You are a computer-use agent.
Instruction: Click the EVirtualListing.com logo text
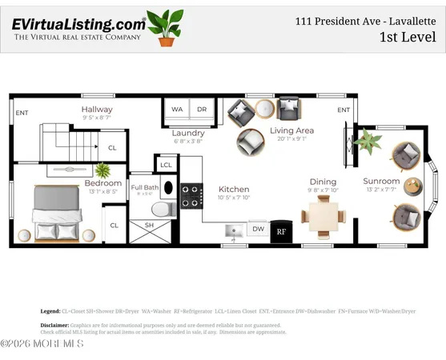pyautogui.click(x=78, y=24)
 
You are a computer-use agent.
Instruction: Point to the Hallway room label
pyautogui.click(x=97, y=110)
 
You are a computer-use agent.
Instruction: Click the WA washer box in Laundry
pyautogui.click(x=178, y=110)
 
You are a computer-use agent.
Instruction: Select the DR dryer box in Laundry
pyautogui.click(x=202, y=110)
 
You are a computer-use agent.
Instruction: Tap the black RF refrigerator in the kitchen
pyautogui.click(x=281, y=230)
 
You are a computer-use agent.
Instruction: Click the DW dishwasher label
pyautogui.click(x=258, y=229)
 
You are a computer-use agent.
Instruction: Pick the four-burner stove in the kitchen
pyautogui.click(x=191, y=195)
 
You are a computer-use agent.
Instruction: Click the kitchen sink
pyautogui.click(x=235, y=231)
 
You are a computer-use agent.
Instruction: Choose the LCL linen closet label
pyautogui.click(x=166, y=166)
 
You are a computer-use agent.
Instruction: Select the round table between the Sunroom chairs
pyautogui.click(x=412, y=186)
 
